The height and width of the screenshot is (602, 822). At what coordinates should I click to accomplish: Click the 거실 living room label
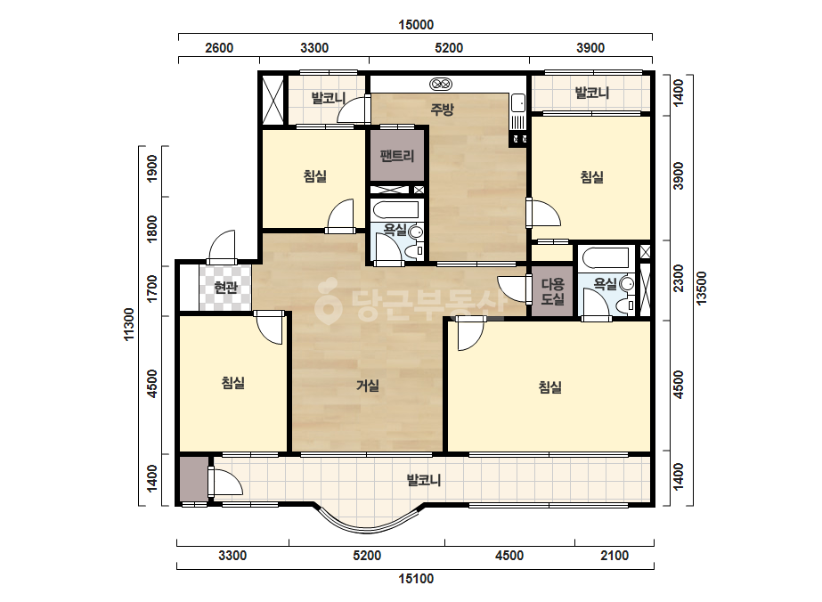pyautogui.click(x=368, y=386)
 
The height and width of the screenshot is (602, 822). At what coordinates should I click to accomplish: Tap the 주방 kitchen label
pyautogui.click(x=442, y=109)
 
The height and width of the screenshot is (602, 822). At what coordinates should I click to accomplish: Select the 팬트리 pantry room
pyautogui.click(x=397, y=156)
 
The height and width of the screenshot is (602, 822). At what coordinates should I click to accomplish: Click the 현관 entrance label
pyautogui.click(x=226, y=288)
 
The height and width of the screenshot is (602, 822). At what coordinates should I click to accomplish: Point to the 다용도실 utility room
pyautogui.click(x=553, y=291)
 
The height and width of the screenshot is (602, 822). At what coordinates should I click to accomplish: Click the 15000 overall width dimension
pyautogui.click(x=416, y=25)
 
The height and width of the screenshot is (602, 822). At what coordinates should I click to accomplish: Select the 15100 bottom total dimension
pyautogui.click(x=416, y=579)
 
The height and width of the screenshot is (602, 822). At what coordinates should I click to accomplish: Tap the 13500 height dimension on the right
pyautogui.click(x=702, y=288)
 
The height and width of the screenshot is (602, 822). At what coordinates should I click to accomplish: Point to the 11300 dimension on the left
pyautogui.click(x=129, y=324)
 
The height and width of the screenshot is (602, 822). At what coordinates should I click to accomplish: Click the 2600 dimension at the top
pyautogui.click(x=219, y=48)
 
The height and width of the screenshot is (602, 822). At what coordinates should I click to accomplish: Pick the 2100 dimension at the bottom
pyautogui.click(x=614, y=556)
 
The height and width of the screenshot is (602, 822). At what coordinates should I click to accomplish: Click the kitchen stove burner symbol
pyautogui.click(x=440, y=84)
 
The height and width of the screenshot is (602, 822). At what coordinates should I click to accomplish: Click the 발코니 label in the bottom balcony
pyautogui.click(x=424, y=480)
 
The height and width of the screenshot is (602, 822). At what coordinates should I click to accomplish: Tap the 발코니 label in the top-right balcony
pyautogui.click(x=592, y=94)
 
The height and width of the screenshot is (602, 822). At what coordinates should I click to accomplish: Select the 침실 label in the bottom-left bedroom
pyautogui.click(x=233, y=383)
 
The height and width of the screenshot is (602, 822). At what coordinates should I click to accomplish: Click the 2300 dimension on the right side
pyautogui.click(x=679, y=279)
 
